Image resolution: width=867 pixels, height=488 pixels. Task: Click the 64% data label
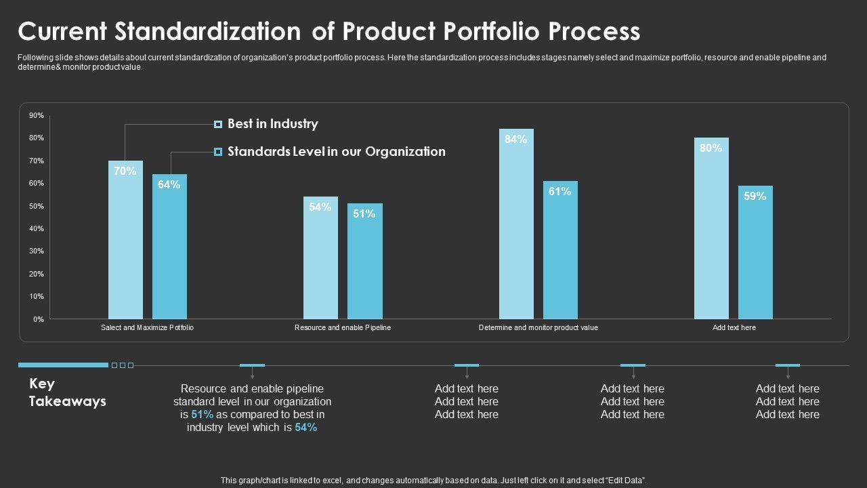click(169, 184)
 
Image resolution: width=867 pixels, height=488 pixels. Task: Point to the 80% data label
click(711, 148)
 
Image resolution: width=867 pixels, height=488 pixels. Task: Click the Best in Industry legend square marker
click(218, 124)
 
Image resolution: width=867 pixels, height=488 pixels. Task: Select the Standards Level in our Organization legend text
click(337, 152)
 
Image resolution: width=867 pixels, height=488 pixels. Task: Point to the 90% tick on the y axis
click(37, 116)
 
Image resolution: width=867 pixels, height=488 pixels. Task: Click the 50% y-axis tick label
click(37, 206)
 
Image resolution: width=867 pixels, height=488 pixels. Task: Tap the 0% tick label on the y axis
click(38, 319)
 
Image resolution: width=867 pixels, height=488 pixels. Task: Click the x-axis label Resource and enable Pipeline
click(343, 328)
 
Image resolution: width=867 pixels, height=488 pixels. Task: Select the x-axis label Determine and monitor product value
click(538, 328)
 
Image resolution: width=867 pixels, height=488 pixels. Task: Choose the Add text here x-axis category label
click(734, 328)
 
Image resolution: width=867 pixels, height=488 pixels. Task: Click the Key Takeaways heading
click(67, 392)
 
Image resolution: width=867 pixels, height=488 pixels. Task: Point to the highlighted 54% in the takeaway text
click(306, 428)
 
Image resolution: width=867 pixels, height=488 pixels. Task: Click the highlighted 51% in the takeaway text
click(203, 415)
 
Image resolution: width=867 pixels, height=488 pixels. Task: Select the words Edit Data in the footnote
click(626, 481)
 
